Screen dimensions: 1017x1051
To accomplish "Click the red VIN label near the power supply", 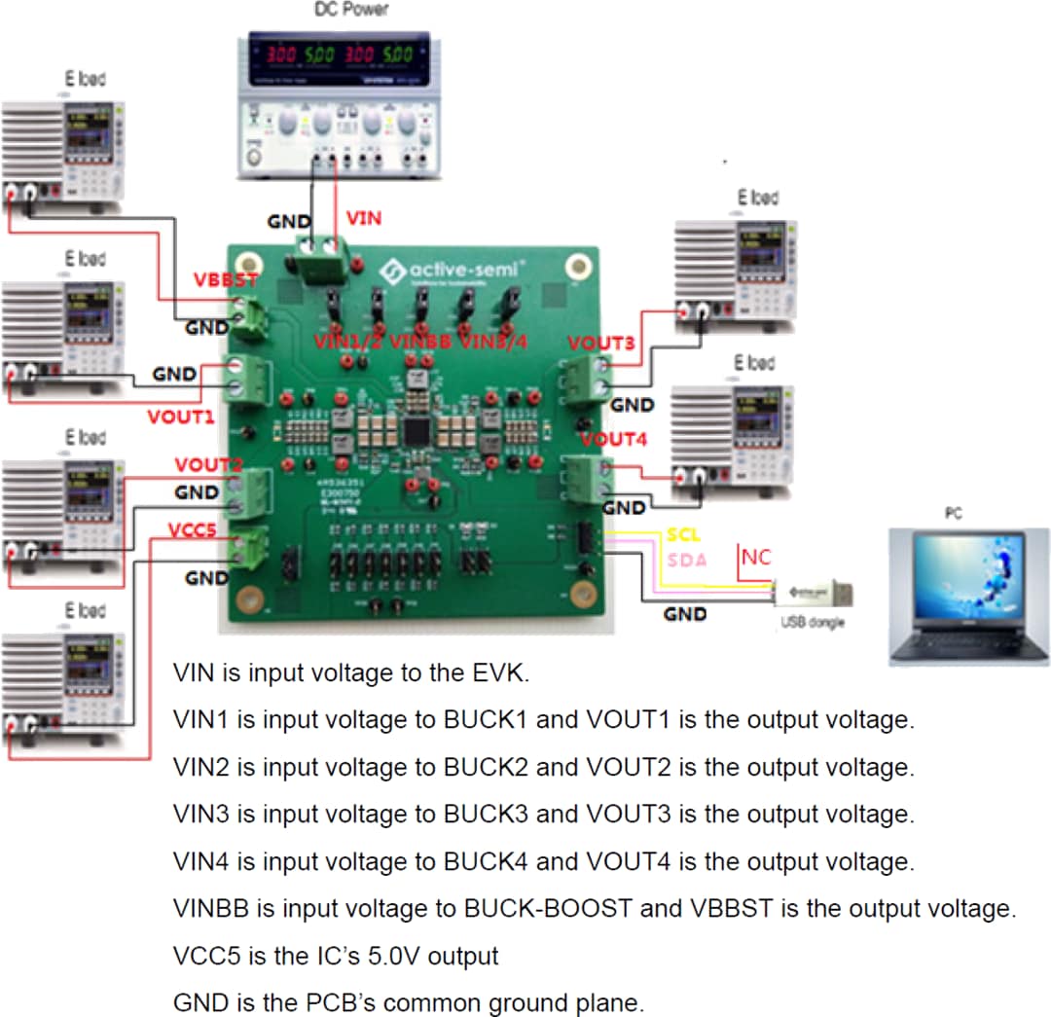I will [364, 218].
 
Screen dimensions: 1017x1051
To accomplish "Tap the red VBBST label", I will [225, 280].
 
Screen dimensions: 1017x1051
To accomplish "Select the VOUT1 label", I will [180, 417].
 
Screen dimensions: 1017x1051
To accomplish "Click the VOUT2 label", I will [208, 465].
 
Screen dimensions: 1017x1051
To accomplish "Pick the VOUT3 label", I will [601, 344].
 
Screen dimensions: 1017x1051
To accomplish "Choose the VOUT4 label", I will [614, 440].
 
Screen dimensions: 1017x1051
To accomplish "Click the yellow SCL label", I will [684, 536].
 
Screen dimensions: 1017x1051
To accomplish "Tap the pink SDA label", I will [686, 561].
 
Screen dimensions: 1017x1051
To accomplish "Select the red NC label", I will [756, 558].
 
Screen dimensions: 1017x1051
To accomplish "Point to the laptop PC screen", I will [967, 581].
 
